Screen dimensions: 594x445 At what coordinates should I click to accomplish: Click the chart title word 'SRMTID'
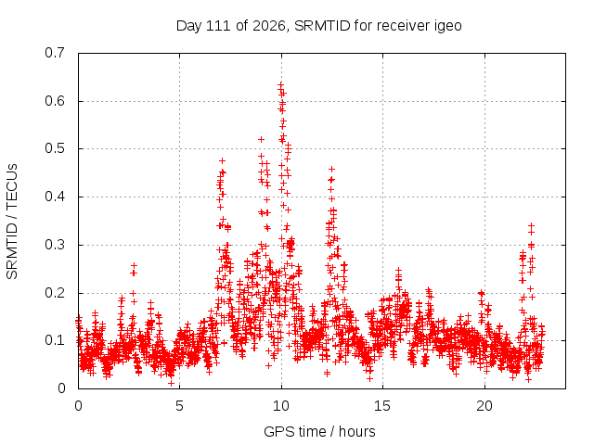tap(322, 26)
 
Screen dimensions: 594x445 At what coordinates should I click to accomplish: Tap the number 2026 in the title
tap(268, 26)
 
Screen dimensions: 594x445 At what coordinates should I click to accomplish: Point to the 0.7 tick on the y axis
tap(55, 53)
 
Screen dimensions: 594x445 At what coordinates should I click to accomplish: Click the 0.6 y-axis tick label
tap(55, 101)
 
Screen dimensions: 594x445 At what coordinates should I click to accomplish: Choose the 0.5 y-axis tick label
tap(55, 148)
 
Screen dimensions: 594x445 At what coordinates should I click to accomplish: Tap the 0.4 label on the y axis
tap(55, 197)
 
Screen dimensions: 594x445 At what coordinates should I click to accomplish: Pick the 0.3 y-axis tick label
tap(55, 245)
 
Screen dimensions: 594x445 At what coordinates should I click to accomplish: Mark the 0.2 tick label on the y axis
tap(55, 293)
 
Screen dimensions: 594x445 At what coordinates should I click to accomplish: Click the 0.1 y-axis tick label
tap(55, 340)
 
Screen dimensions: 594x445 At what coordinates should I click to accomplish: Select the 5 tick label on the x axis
tap(179, 406)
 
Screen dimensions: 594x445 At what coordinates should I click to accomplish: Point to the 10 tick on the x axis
tap(281, 406)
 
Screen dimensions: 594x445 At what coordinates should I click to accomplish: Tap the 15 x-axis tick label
tap(382, 406)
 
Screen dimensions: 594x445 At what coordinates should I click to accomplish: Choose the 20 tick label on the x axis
tap(484, 406)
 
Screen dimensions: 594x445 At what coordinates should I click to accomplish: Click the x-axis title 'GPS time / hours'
tap(319, 432)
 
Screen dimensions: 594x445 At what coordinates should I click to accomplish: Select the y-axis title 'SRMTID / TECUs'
tap(12, 222)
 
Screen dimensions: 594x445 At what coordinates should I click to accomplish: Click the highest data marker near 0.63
tap(280, 85)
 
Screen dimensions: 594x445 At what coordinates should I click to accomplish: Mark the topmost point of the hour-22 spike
tap(531, 226)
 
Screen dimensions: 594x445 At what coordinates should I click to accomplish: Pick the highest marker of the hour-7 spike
tap(222, 160)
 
